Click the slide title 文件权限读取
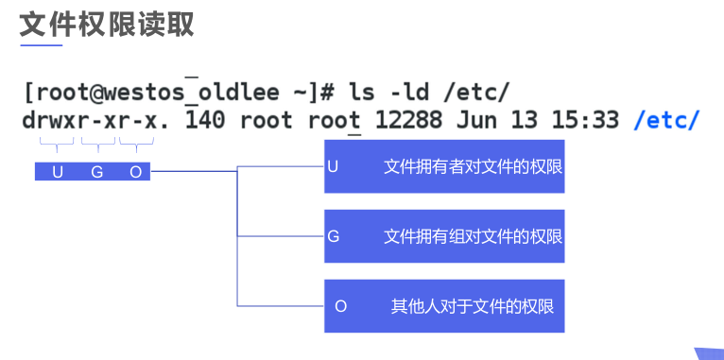coord(107,23)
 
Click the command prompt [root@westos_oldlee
coord(150,93)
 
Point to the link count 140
coord(205,121)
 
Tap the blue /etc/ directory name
coord(666,121)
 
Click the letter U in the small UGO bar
coord(58,172)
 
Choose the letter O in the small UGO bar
coord(134,172)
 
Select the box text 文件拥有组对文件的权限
coord(473,236)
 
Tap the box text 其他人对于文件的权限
coord(473,306)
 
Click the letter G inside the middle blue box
coord(334,236)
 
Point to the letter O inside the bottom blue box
coord(341,306)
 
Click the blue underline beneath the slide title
coord(41,44)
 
